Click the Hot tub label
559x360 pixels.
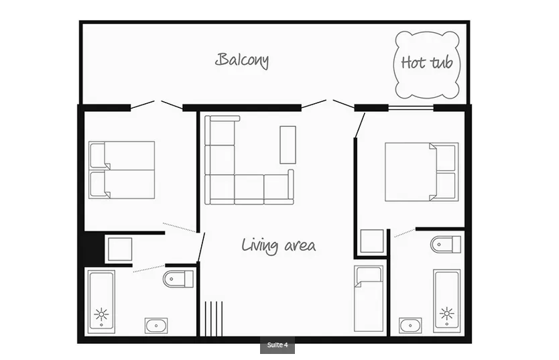427,63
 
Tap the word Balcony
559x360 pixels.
242,60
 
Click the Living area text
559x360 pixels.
278,245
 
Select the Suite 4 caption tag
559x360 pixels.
277,345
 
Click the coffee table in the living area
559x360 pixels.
288,145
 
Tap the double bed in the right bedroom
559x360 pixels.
422,172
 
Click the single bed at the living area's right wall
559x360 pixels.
369,299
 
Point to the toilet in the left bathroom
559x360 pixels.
178,279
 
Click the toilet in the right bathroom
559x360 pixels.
446,245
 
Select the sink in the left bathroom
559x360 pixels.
156,326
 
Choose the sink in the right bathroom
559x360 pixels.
410,325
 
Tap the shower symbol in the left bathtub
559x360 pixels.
102,314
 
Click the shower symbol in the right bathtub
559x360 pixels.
446,314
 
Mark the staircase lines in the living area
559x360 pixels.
214,318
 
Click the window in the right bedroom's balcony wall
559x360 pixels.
411,107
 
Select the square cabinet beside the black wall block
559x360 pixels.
120,249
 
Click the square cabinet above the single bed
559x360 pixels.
372,241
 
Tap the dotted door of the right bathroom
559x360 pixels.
405,233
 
